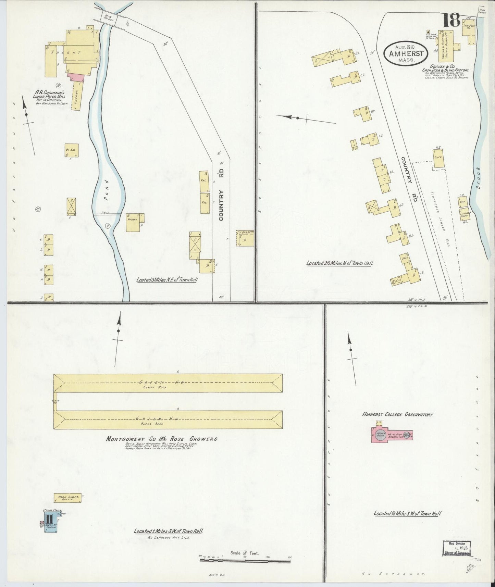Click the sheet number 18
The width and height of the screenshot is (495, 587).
pos(451,22)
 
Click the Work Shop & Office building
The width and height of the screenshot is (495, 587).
pos(67,498)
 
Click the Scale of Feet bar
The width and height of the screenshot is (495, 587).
pos(245,561)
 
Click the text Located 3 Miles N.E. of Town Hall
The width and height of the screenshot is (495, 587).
pos(168,279)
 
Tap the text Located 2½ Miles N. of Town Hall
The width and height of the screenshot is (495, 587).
pos(339,263)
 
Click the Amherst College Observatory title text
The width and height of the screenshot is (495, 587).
pos(397,414)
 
